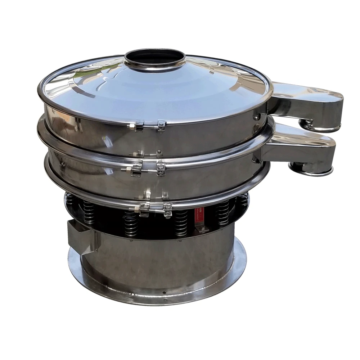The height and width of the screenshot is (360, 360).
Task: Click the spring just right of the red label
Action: pyautogui.click(x=222, y=212)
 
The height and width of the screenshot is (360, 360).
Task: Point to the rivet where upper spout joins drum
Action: pyautogui.click(x=256, y=117)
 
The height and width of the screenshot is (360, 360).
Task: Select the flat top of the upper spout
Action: pyautogui.click(x=306, y=92)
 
